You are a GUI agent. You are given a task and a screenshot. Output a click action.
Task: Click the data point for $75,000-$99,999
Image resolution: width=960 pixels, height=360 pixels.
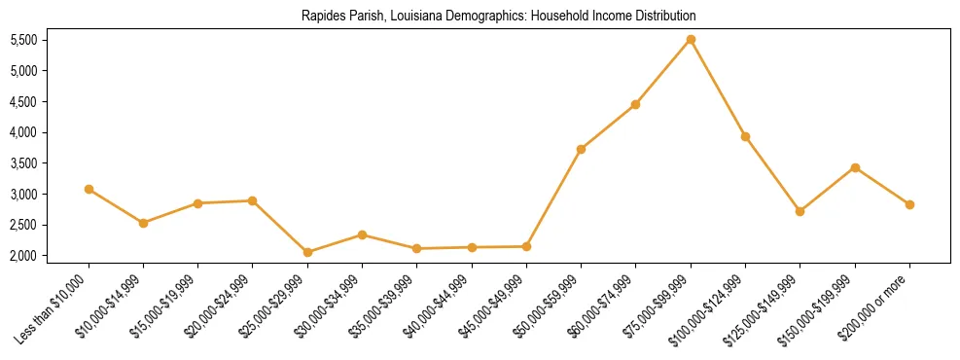(691, 39)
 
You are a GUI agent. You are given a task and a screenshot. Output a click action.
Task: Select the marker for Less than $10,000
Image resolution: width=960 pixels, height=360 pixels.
(89, 189)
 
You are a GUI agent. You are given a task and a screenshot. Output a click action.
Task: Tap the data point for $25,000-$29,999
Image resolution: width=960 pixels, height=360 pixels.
(307, 252)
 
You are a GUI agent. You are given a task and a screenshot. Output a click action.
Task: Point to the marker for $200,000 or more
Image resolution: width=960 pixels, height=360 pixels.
(909, 204)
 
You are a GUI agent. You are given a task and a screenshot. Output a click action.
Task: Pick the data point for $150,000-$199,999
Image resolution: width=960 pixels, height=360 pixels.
(855, 167)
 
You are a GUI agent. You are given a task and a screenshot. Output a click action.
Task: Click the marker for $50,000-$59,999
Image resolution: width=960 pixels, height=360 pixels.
(581, 149)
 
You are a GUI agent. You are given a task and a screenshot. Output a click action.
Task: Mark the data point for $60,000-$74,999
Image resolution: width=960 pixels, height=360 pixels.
(635, 104)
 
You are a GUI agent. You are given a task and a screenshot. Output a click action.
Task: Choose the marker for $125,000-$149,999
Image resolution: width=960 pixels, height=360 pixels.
(800, 211)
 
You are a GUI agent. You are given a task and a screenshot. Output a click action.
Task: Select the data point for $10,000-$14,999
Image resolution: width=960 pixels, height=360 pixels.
(143, 223)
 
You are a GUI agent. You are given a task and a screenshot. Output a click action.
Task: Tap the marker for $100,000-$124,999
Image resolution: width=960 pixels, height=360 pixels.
(745, 136)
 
